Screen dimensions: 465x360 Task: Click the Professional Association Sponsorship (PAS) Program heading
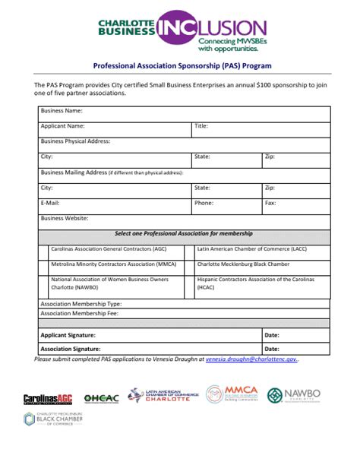tap(182, 66)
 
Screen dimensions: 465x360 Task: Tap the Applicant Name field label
tap(63, 126)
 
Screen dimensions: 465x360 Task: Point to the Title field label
tap(201, 126)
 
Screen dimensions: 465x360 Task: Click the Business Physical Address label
tap(76, 141)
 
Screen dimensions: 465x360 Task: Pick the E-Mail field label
tap(50, 203)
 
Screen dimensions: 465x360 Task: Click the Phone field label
tap(204, 203)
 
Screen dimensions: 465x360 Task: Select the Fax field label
tap(270, 203)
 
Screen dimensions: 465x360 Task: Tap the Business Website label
tap(65, 218)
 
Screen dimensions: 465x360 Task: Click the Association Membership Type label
tap(81, 303)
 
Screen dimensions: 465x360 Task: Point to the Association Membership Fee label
tap(79, 312)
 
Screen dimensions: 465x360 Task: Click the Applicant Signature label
tap(68, 334)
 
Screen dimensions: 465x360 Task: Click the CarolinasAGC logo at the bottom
tap(47, 398)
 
